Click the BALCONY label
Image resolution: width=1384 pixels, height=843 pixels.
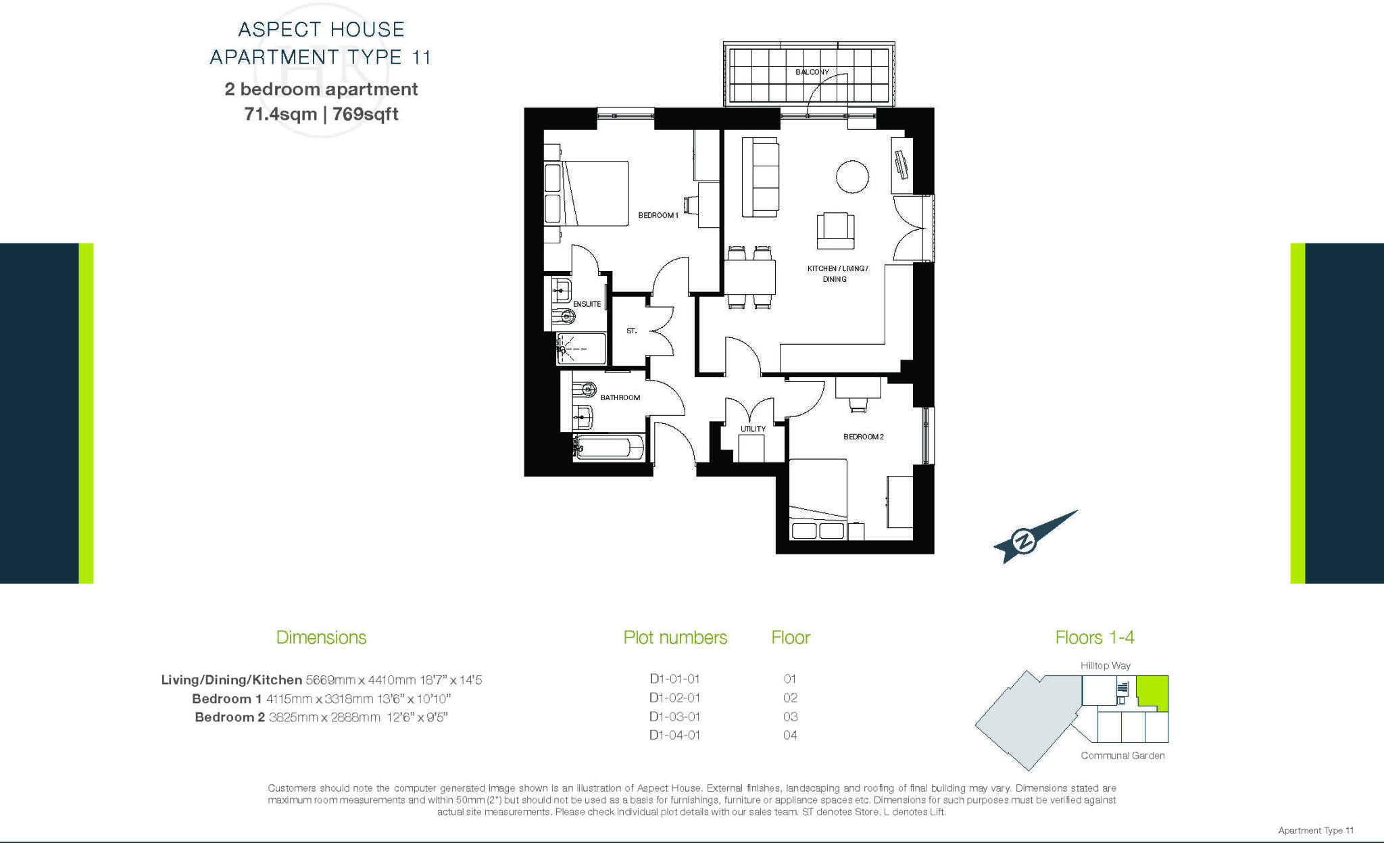(x=812, y=72)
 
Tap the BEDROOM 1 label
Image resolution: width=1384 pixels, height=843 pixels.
(x=658, y=215)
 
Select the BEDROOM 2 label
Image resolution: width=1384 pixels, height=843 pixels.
(x=863, y=437)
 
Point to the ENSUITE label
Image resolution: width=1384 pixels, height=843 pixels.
(x=587, y=304)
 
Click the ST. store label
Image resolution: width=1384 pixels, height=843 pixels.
(x=631, y=331)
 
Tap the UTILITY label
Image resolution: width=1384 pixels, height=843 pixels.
(x=753, y=429)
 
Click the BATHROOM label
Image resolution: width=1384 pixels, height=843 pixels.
(x=620, y=398)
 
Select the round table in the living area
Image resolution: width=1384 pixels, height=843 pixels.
(x=851, y=176)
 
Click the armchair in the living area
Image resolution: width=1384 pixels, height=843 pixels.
(x=835, y=231)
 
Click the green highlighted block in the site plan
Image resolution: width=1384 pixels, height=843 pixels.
(x=1152, y=692)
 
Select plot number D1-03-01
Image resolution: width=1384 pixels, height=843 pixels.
(x=674, y=717)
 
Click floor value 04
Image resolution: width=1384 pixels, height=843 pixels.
(x=790, y=735)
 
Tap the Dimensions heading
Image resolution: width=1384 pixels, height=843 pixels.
(x=321, y=637)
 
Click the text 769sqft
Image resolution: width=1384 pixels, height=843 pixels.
(x=365, y=114)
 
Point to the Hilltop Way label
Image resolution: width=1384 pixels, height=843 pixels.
(x=1105, y=665)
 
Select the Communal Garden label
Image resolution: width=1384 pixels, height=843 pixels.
(x=1122, y=755)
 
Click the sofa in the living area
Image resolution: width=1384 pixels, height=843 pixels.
(x=760, y=177)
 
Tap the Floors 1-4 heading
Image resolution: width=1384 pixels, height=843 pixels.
(x=1094, y=637)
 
